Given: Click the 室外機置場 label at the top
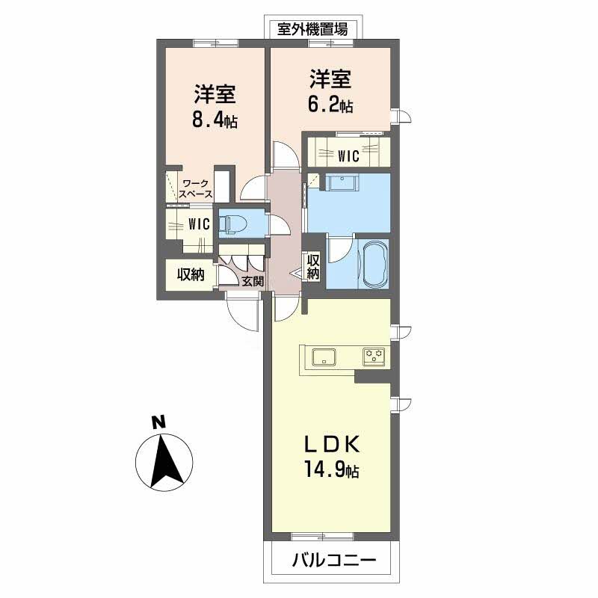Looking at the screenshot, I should tap(312, 29).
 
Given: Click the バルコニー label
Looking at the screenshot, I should tap(330, 559).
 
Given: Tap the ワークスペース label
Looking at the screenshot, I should tap(197, 188).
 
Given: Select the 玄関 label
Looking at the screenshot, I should tap(253, 281).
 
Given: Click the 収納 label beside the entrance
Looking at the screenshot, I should tap(191, 274).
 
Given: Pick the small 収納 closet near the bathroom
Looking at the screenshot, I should tap(313, 268).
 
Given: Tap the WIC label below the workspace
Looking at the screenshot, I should tap(198, 224).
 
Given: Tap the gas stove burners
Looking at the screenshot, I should tap(373, 356).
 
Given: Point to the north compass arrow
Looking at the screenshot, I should tap(164, 459).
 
